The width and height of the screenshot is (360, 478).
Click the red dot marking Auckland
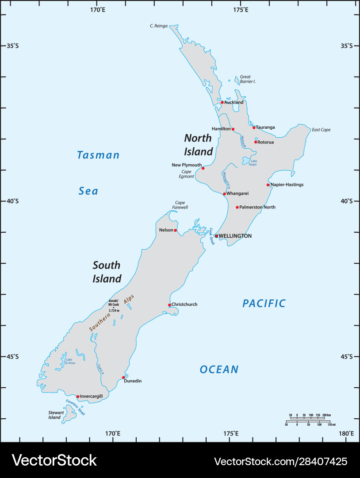click(x=222, y=102)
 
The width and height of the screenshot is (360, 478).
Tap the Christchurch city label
click(x=184, y=305)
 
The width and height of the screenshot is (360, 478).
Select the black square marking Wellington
click(x=217, y=236)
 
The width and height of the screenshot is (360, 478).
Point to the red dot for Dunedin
click(x=123, y=378)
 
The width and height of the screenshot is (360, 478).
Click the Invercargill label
click(x=91, y=396)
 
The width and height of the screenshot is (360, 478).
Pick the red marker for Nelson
click(x=175, y=230)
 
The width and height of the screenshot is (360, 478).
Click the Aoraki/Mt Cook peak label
click(x=114, y=305)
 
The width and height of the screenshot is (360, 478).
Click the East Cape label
click(x=321, y=130)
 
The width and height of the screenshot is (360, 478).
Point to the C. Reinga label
click(x=159, y=26)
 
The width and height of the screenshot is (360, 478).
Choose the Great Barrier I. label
click(x=248, y=79)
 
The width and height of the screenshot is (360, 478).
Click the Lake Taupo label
click(x=252, y=162)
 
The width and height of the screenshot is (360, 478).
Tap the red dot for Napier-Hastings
click(x=268, y=185)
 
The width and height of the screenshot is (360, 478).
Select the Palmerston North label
click(x=257, y=207)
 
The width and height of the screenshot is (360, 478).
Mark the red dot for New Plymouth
click(x=203, y=168)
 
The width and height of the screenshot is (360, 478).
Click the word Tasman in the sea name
click(x=98, y=155)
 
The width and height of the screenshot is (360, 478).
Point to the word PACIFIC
click(x=264, y=303)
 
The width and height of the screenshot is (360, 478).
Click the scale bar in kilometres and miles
click(x=308, y=420)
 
